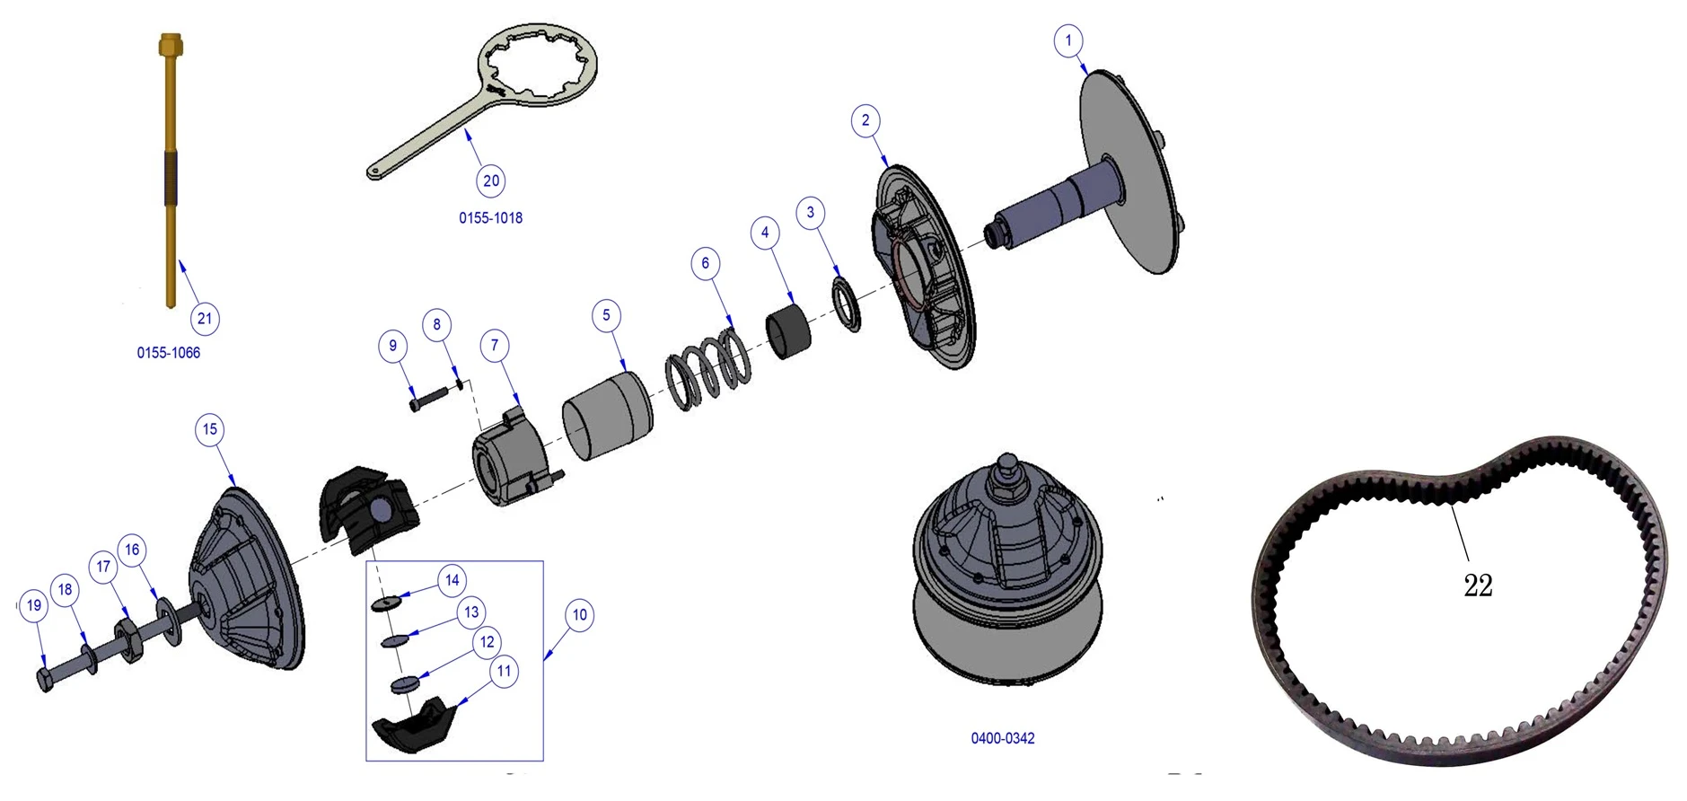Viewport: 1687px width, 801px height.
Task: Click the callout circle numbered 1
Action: pos(1068,40)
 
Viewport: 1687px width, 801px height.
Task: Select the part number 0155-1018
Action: pos(490,218)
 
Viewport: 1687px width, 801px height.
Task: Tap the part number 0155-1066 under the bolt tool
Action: pos(168,353)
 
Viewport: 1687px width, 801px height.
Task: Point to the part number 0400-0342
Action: pos(1002,738)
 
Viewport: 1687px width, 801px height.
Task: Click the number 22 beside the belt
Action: pos(1477,585)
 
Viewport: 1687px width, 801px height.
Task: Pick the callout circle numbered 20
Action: pos(491,180)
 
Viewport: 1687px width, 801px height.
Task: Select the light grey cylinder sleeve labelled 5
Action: pos(608,416)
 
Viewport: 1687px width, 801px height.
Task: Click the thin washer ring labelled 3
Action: pos(847,304)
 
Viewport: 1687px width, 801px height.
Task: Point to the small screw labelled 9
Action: pos(427,398)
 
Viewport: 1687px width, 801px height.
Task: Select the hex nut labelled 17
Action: pos(127,638)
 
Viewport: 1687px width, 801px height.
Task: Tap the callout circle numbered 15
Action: pos(209,429)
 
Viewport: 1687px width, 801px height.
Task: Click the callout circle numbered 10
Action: pos(580,615)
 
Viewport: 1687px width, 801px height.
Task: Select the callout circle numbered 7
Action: pos(494,345)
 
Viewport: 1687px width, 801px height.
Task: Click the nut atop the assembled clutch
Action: pos(1007,470)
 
